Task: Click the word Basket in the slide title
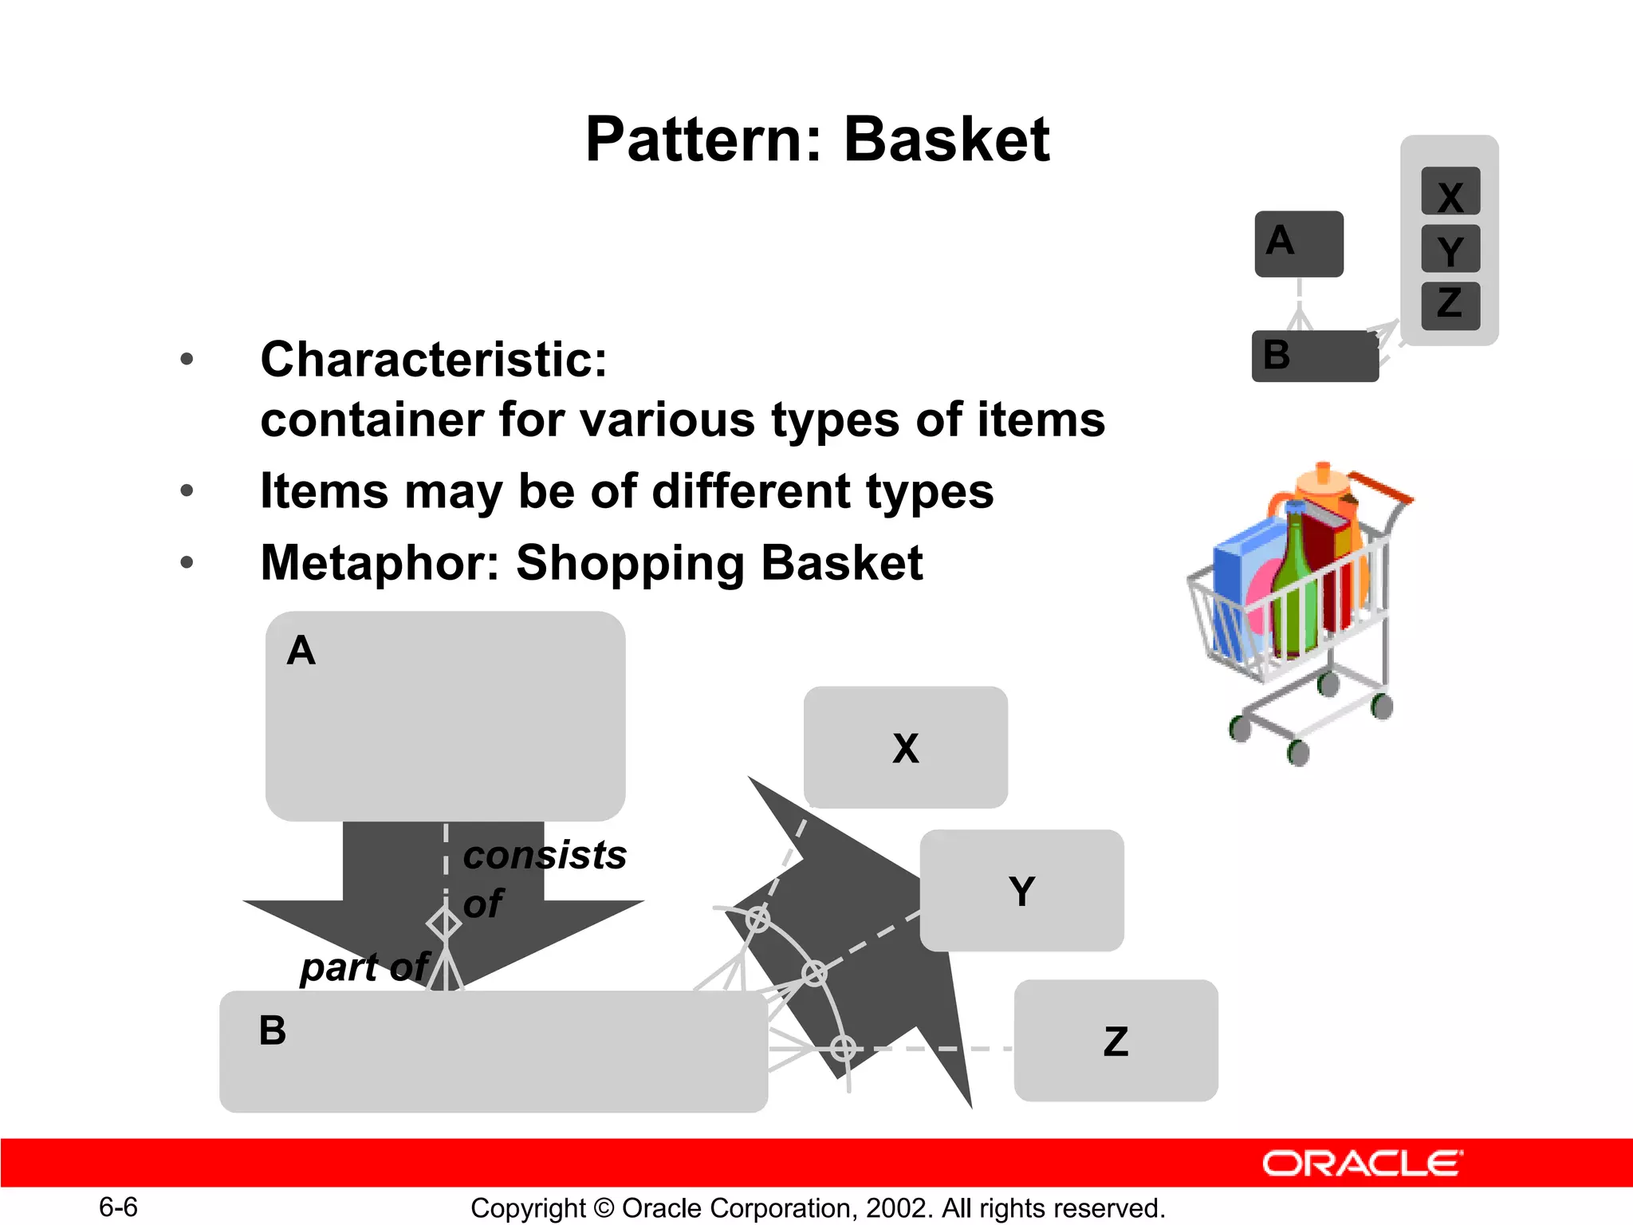click(946, 140)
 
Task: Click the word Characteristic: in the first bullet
click(434, 360)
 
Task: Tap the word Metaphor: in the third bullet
click(380, 563)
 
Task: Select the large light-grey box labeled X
click(906, 747)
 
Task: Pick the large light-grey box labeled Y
click(1021, 890)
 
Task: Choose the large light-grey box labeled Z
click(1116, 1041)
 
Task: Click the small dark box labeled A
click(1298, 244)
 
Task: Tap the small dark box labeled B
click(1314, 356)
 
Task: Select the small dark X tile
click(1450, 191)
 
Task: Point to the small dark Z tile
click(1450, 305)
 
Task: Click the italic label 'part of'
click(364, 967)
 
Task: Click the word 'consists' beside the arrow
click(545, 856)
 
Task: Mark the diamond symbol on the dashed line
click(444, 924)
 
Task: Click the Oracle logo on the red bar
click(1362, 1163)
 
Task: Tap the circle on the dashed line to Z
click(843, 1048)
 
